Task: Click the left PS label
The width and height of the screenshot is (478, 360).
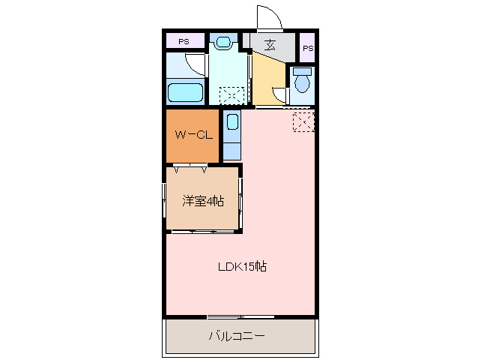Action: [184, 41]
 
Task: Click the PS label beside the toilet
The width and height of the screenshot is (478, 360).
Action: [307, 48]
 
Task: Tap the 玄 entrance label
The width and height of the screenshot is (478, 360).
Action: [269, 45]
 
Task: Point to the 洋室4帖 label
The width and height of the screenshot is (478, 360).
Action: [203, 201]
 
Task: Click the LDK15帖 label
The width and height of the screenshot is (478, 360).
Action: [242, 266]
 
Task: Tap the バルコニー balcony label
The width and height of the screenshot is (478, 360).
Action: [236, 336]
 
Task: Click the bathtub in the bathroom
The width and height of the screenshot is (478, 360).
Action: [185, 93]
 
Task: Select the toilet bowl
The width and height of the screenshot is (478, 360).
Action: [303, 81]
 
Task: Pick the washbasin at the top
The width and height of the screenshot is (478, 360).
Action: [224, 42]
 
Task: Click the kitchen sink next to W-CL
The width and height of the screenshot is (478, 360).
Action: [232, 123]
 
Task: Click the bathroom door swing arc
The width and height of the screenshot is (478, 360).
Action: [196, 64]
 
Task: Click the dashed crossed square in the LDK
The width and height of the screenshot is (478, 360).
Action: [303, 121]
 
